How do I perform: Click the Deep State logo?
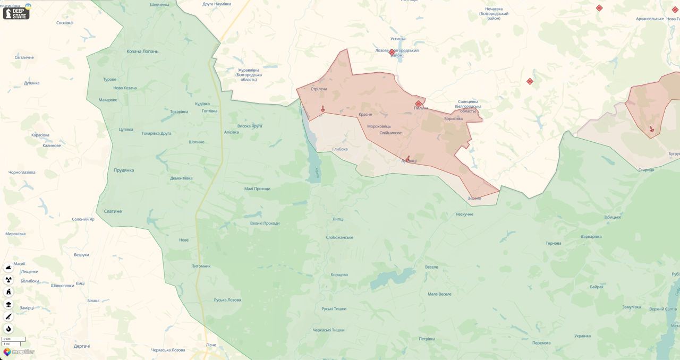(x=16, y=13)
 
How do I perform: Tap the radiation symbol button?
(x=8, y=280)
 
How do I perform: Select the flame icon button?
(x=8, y=329)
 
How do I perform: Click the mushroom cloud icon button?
(x=8, y=304)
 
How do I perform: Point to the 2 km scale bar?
(x=13, y=339)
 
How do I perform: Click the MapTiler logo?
(x=19, y=352)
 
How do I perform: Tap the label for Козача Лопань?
(x=142, y=52)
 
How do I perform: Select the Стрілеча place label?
(x=319, y=89)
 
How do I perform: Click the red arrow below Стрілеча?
(x=322, y=109)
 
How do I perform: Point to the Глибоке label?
(x=340, y=149)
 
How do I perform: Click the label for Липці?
(x=338, y=219)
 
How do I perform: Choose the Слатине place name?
(x=113, y=211)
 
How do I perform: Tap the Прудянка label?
(x=124, y=170)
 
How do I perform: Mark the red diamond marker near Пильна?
(x=419, y=104)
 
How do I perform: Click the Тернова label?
(x=553, y=243)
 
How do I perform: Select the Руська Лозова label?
(x=227, y=300)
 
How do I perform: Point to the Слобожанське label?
(x=339, y=237)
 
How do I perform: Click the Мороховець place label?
(x=379, y=126)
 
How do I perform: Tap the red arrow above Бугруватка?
(x=652, y=129)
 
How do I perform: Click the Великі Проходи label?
(x=265, y=223)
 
